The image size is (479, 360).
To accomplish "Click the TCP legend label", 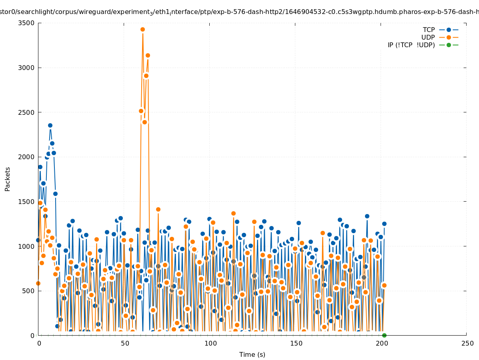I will point(429,30).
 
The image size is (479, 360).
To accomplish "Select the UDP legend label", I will point(428,37).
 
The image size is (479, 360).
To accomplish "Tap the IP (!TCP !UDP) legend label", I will point(411,45).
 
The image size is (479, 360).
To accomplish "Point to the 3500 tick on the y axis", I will point(28,23).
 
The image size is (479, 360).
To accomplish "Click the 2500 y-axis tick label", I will point(28,112).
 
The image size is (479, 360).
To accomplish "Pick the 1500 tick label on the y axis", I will point(28,202).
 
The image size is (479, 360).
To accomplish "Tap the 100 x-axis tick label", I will point(210,343).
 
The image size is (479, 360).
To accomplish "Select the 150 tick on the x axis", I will point(295,343).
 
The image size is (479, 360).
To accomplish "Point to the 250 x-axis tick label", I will point(467,343).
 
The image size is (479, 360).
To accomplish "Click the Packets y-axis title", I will point(8,179).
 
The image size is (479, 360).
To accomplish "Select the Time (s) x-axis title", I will point(252,354).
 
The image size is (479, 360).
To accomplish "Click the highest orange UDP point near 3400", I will point(142,29).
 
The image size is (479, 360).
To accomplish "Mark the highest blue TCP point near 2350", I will point(50,125).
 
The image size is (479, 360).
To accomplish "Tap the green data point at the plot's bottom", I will point(384,335).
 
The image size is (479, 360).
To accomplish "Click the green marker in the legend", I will point(449,45).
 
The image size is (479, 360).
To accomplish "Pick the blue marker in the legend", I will point(449,30).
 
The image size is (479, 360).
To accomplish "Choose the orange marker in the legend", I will point(449,37).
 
